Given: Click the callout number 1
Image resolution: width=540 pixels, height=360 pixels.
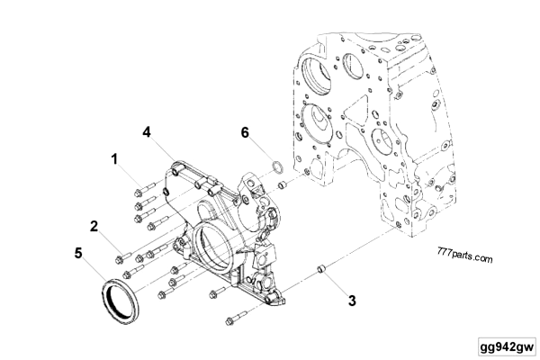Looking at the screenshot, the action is (x=114, y=159).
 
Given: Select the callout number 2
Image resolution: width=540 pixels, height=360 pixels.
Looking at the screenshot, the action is (x=94, y=226).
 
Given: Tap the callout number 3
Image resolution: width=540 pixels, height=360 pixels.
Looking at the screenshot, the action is (x=352, y=301).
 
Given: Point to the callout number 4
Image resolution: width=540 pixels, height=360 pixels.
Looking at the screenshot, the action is (x=147, y=132).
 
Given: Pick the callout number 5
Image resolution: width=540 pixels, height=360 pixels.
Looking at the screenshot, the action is (x=78, y=253).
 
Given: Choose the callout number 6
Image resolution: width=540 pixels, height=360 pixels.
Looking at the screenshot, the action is (x=245, y=132).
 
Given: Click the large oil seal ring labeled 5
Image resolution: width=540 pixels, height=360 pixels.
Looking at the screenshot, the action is (x=104, y=300).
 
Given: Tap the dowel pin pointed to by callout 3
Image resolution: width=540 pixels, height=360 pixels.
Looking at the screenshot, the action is (x=321, y=269).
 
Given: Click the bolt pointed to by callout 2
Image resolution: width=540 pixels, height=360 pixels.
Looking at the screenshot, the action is (x=123, y=258).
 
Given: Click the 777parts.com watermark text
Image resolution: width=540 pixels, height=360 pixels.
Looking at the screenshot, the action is (x=465, y=254).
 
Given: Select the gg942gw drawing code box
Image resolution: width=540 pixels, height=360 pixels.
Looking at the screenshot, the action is (x=508, y=346).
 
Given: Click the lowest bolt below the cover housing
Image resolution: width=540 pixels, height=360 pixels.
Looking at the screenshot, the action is (x=237, y=318).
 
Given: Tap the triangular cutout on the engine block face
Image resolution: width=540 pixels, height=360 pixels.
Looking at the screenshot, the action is (x=359, y=109).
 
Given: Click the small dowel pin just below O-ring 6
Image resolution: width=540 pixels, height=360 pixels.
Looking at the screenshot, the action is (x=283, y=184).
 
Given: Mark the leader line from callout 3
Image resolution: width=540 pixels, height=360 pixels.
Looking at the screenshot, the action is (x=336, y=283).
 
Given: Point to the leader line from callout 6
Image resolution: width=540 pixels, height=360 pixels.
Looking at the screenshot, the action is (x=261, y=150).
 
